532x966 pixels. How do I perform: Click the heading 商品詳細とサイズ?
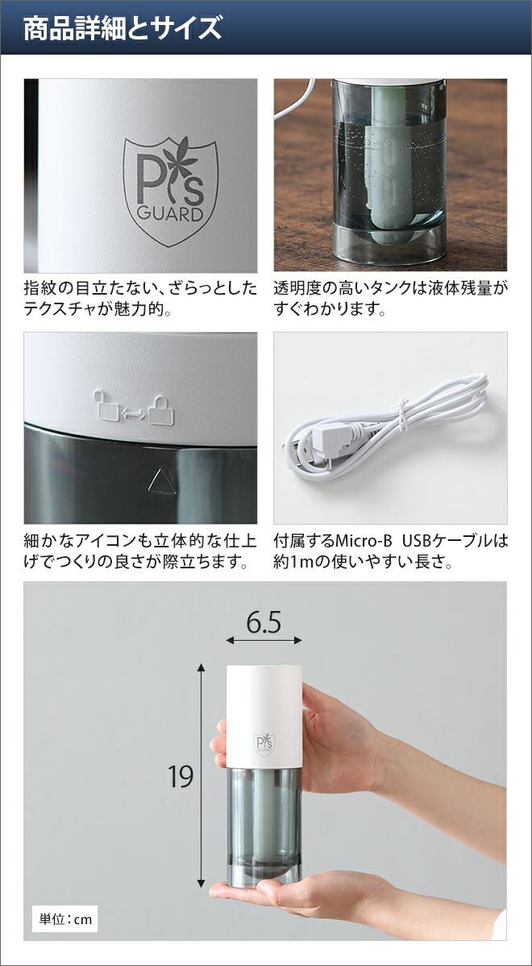pos(123,29)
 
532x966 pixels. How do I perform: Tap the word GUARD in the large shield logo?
pos(170,214)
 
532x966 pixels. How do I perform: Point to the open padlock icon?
pos(106,404)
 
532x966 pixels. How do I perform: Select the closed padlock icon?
pos(161,409)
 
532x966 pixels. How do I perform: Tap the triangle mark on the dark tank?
pos(162,481)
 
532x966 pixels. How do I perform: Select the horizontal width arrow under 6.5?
pos(264,641)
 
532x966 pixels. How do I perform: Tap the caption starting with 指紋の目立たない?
pos(140,299)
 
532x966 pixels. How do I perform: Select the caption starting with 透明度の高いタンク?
pos(390,299)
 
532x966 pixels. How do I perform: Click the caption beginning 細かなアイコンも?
pos(140,551)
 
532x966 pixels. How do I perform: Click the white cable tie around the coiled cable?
pos(403,415)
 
